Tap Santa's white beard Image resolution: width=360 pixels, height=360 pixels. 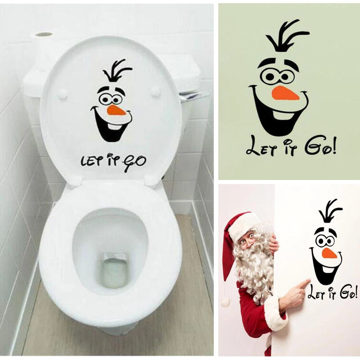point(254,270)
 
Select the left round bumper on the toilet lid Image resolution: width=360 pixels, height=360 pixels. point(63,94)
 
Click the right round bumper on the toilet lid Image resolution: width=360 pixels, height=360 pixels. point(156,92)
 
